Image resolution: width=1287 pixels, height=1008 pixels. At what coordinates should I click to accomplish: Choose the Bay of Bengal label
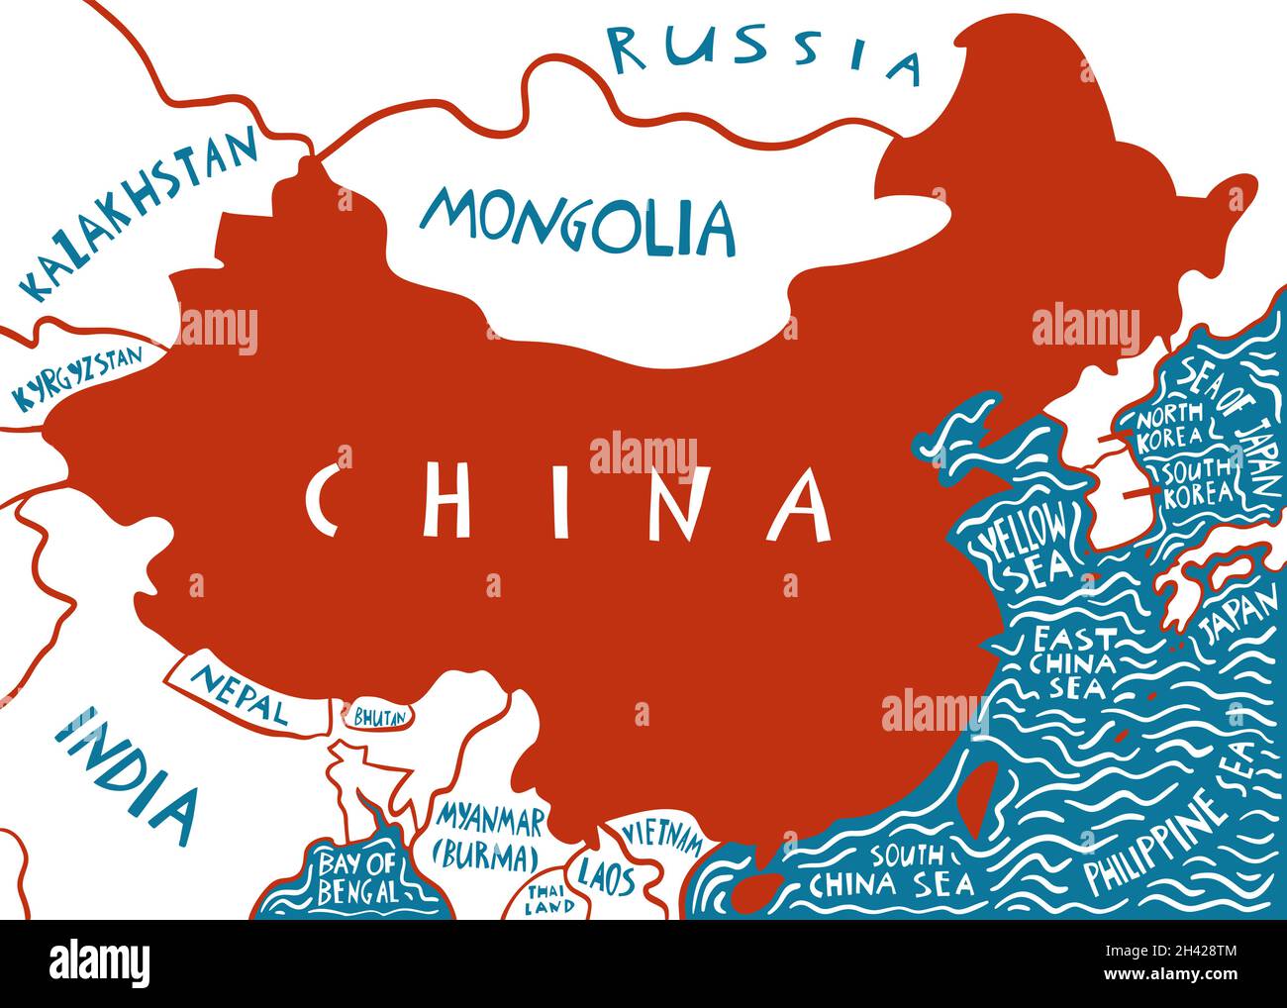pyautogui.click(x=357, y=877)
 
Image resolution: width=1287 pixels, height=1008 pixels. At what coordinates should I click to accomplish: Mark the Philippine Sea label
pyautogui.click(x=1168, y=832)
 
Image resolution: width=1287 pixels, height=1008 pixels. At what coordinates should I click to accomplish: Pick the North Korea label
pyautogui.click(x=1170, y=426)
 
